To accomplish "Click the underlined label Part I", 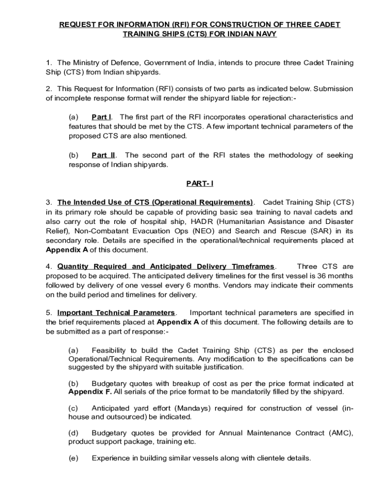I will coord(101,117).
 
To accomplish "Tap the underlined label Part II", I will coord(103,156).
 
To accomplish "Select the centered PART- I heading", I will coord(199,184).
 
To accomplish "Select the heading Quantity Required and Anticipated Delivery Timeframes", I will coord(166,267).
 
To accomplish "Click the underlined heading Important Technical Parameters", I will coord(116,313).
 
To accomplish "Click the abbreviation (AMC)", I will coord(338,433).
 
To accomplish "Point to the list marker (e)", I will coord(73,458).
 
